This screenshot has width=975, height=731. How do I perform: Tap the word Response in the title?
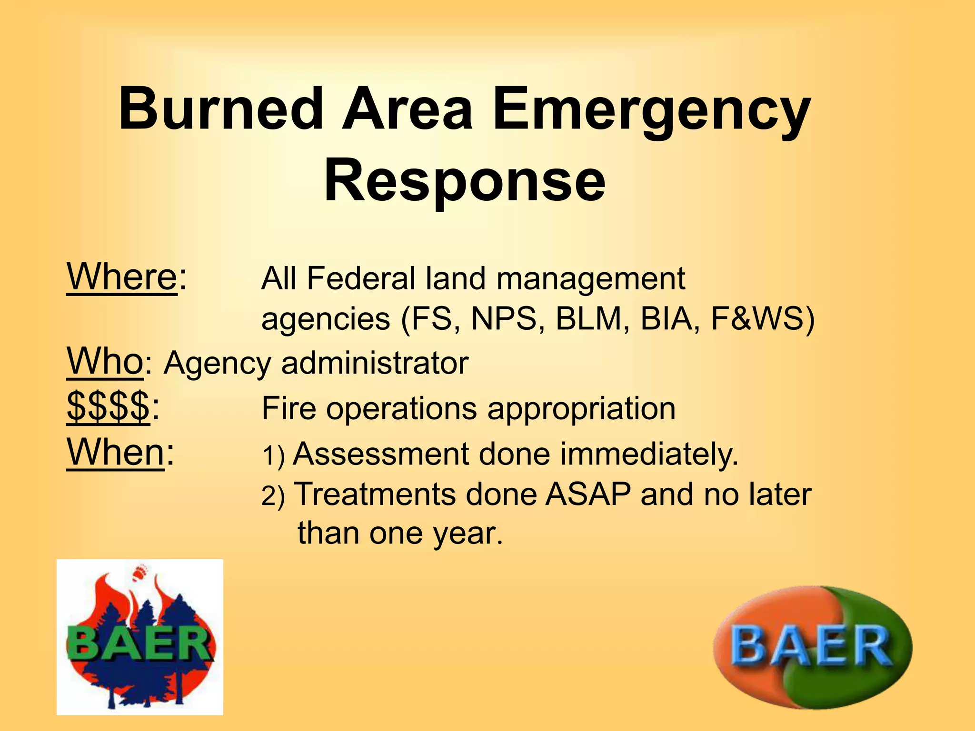click(x=465, y=181)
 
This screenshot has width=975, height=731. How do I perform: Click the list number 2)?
click(x=273, y=496)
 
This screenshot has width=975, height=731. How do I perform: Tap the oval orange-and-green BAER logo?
click(x=812, y=647)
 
